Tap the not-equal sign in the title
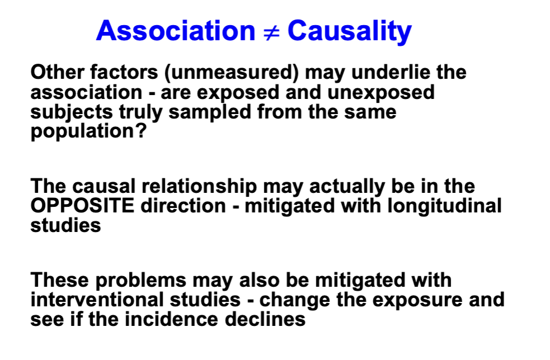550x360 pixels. click(270, 32)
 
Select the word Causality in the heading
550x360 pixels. click(349, 32)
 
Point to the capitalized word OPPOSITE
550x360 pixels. click(82, 206)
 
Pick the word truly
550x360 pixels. click(140, 112)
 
